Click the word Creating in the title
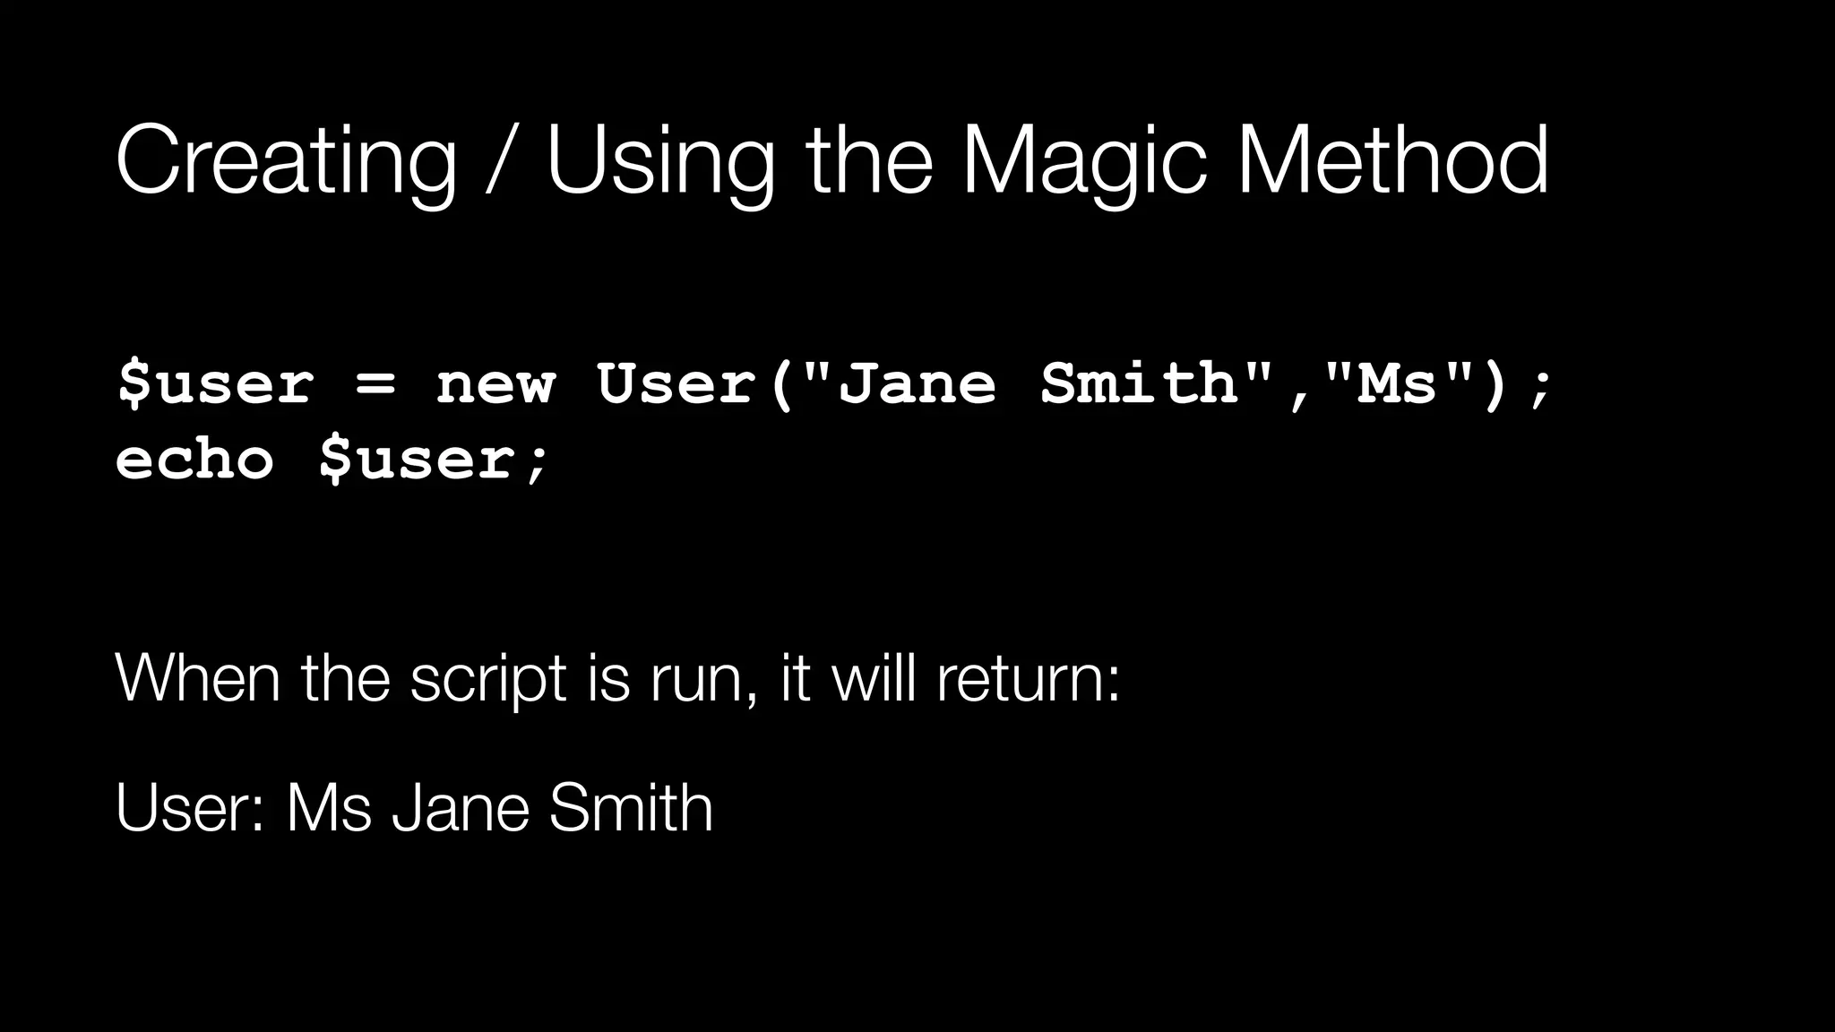[286, 161]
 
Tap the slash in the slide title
[500, 161]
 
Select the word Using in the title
[659, 161]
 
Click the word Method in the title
[1392, 161]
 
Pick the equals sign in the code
[375, 385]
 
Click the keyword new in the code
[495, 385]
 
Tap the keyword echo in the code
[194, 460]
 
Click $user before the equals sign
[215, 385]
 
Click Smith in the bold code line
[1138, 385]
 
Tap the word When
[198, 678]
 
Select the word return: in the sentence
[1029, 678]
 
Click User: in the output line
[189, 808]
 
